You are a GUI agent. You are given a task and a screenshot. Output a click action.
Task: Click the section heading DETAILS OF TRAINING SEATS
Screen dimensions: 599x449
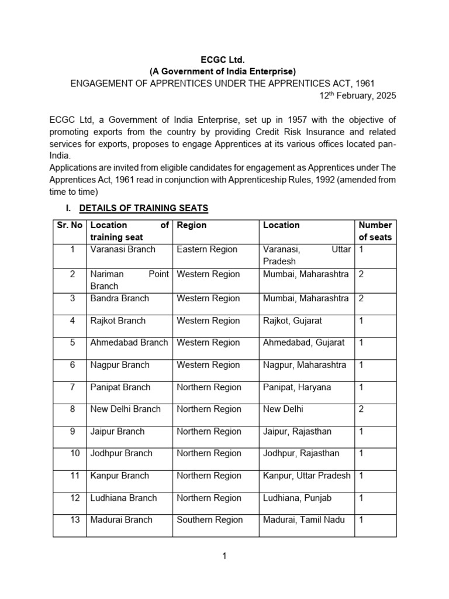(144, 208)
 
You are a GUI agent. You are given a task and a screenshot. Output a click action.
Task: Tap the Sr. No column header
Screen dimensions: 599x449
(70, 225)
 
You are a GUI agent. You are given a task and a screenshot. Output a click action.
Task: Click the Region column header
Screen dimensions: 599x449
(192, 225)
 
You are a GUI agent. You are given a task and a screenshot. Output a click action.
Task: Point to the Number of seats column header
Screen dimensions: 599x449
(375, 231)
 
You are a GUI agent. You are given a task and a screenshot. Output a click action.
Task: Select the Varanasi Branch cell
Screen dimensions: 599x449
(123, 250)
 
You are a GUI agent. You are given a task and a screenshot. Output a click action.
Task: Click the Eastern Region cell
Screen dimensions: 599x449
(207, 250)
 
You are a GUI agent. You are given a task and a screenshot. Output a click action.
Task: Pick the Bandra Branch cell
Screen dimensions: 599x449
(119, 298)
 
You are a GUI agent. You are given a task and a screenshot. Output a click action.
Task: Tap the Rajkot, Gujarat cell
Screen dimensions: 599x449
(292, 321)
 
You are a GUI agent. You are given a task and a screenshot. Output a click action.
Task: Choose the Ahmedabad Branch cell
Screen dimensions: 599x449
(129, 343)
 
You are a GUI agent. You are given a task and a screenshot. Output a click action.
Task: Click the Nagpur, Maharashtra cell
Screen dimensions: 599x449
(305, 365)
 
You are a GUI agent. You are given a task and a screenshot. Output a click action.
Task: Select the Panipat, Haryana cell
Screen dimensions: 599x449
(297, 387)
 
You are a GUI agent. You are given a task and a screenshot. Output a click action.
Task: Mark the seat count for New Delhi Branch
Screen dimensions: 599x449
(361, 409)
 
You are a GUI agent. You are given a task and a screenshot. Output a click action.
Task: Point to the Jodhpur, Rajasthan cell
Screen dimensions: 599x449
(301, 453)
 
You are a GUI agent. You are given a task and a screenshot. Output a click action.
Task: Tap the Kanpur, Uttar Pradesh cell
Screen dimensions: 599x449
(307, 476)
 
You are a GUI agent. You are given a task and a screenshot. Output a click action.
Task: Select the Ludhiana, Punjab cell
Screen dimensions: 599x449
(297, 498)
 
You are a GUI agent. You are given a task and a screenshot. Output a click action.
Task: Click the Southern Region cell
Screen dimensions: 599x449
(209, 520)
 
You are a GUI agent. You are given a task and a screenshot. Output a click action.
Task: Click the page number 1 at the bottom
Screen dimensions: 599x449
(224, 556)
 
